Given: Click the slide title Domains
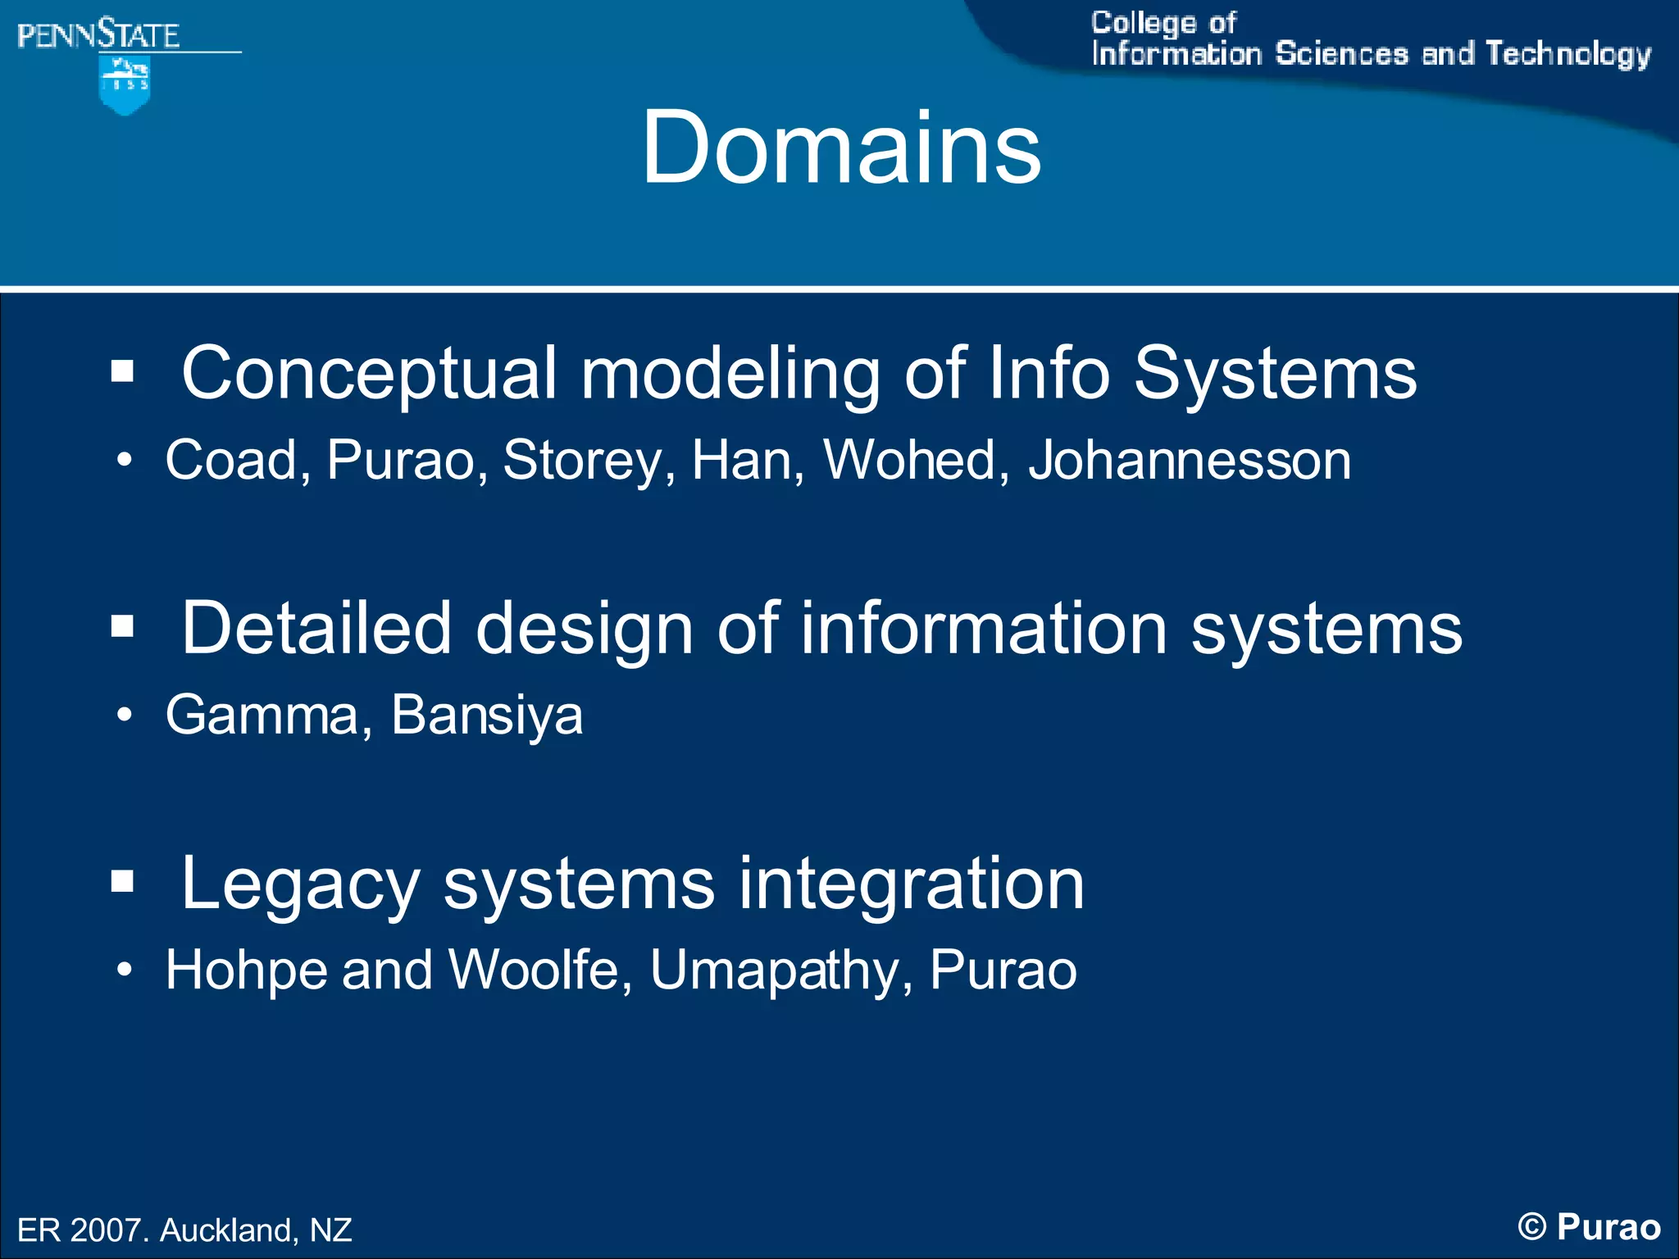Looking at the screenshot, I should click(841, 148).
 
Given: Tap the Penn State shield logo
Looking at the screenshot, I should click(124, 85).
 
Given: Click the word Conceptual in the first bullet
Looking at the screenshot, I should click(369, 374).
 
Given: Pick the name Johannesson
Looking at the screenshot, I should click(1190, 460).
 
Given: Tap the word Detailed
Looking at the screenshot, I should click(316, 629).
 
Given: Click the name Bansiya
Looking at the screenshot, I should click(487, 715).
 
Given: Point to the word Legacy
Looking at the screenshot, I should click(300, 885).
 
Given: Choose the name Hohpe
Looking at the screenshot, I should click(245, 970).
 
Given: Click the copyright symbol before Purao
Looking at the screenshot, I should click(1531, 1227).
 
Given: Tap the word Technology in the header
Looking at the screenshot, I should click(1568, 54).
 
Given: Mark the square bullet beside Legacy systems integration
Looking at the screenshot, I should click(122, 882).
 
